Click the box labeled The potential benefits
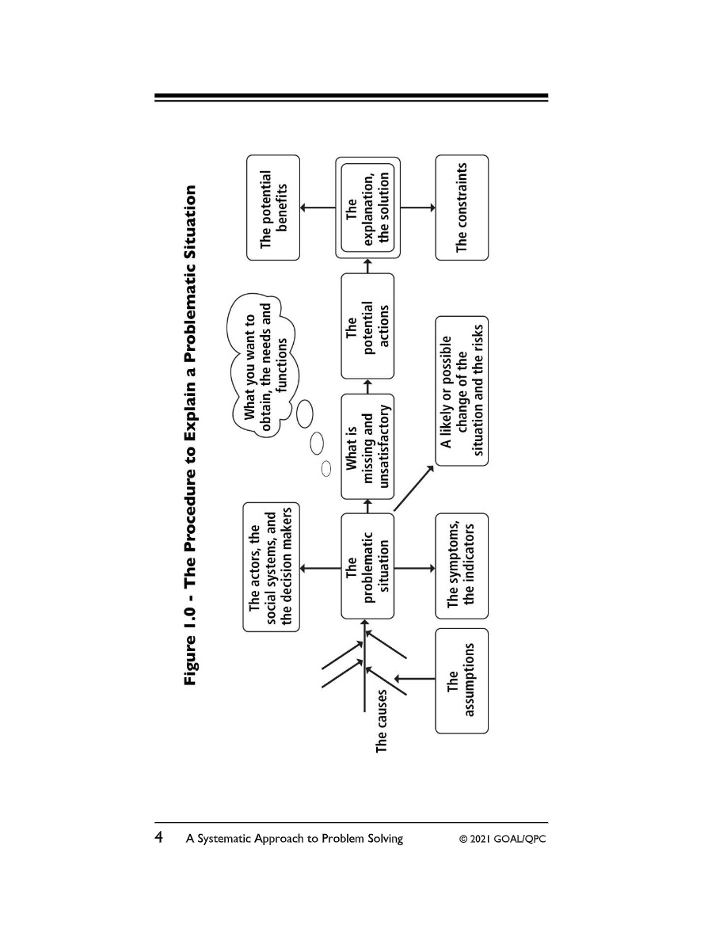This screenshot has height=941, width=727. (273, 208)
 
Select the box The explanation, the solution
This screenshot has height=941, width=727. (367, 208)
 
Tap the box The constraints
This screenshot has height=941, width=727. (462, 208)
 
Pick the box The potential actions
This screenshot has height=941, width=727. (367, 326)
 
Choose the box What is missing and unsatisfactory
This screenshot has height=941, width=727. (367, 447)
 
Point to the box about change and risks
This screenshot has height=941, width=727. (462, 390)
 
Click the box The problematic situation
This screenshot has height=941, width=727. (367, 566)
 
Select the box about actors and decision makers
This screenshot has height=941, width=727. (271, 567)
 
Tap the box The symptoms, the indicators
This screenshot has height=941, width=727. (462, 566)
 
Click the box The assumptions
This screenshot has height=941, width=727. (462, 680)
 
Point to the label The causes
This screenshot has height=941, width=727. (382, 721)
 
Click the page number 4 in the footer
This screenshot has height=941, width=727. (159, 837)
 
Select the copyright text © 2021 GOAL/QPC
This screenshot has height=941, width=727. (503, 838)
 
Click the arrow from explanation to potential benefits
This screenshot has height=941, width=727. (318, 208)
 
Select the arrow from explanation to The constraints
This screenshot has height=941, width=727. (417, 208)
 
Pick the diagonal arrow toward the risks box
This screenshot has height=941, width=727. (414, 488)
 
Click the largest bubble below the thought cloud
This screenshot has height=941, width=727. (305, 414)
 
